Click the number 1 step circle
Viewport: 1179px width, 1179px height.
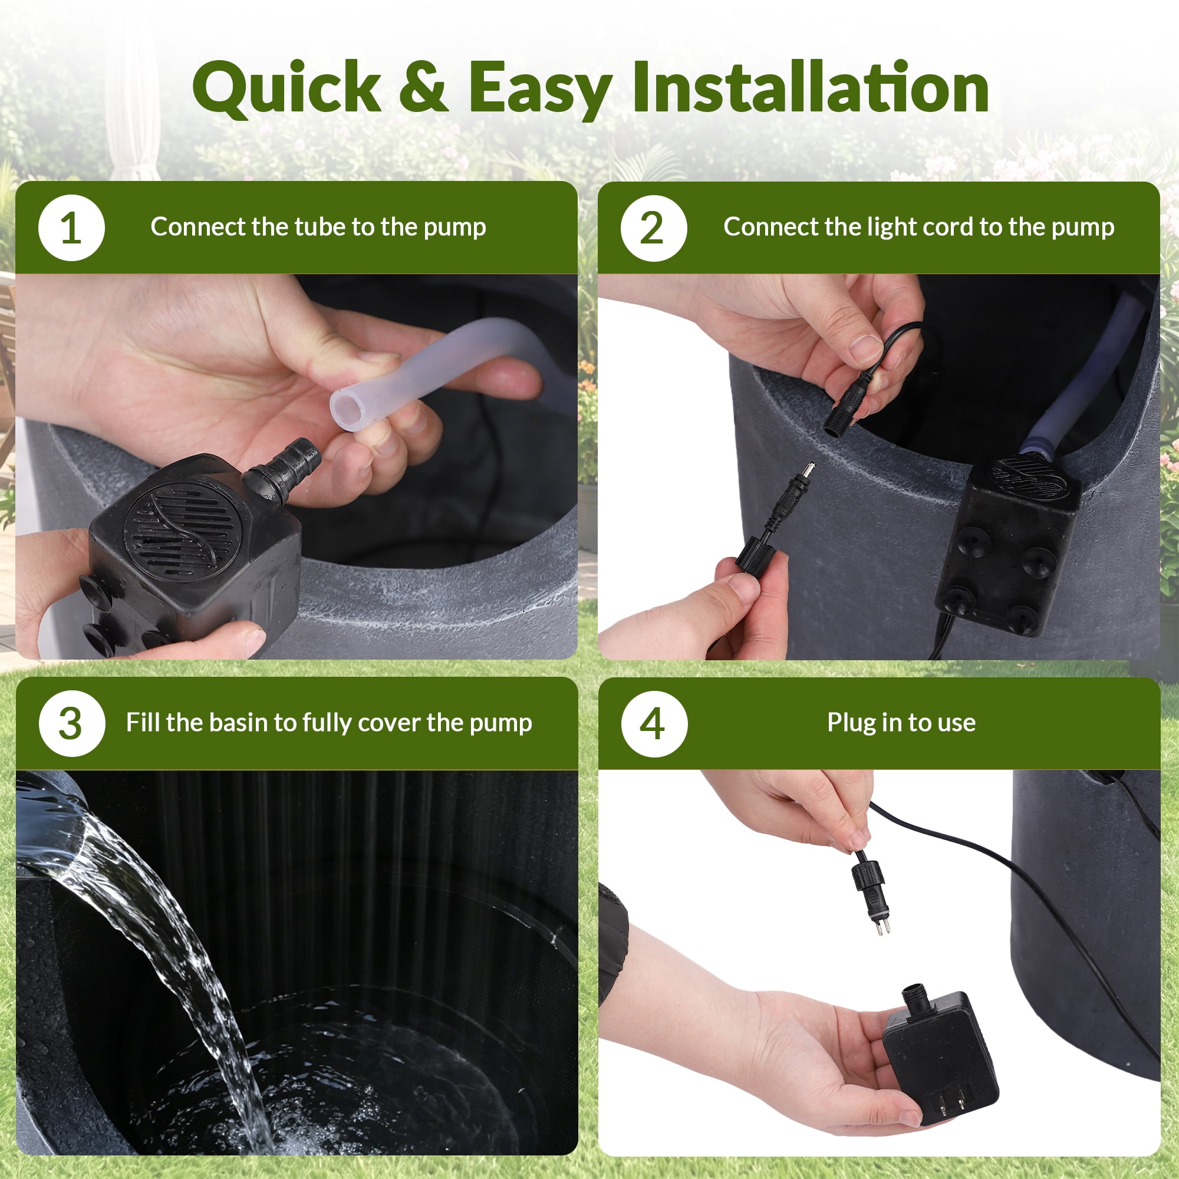[x=71, y=228]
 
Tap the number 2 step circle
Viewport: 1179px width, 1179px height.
[x=654, y=228]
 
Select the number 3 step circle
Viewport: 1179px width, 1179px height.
[x=71, y=724]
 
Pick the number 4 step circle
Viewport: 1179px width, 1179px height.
[x=654, y=724]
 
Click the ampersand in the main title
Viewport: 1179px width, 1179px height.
[x=423, y=87]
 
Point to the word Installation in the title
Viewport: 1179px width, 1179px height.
[x=811, y=87]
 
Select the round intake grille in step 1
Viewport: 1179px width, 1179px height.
[x=178, y=530]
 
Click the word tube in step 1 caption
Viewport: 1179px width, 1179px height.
[x=321, y=227]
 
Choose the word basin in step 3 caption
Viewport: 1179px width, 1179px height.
[x=238, y=723]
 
